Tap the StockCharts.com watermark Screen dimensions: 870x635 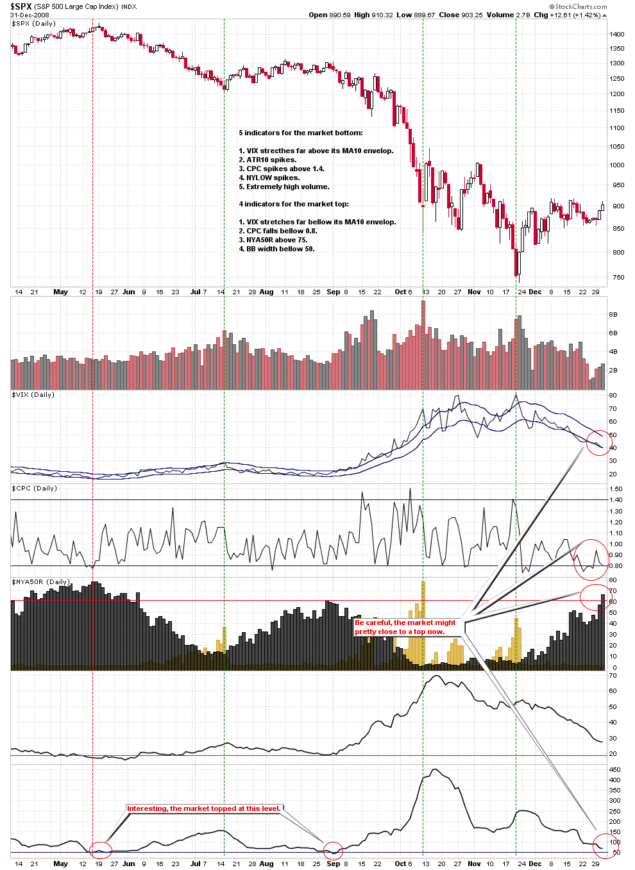580,6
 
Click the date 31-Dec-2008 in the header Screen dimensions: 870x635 30,15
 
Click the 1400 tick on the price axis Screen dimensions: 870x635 617,35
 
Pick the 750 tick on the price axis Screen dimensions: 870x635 617,278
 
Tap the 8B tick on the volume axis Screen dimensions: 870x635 613,315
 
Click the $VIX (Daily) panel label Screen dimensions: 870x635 33,395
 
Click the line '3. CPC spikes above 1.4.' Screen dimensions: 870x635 282,169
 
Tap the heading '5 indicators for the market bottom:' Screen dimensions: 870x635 301,133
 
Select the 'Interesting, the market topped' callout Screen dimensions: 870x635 204,808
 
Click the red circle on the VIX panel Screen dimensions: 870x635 598,442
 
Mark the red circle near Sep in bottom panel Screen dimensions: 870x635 333,850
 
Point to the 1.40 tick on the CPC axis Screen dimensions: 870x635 615,500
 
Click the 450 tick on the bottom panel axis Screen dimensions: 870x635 614,769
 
